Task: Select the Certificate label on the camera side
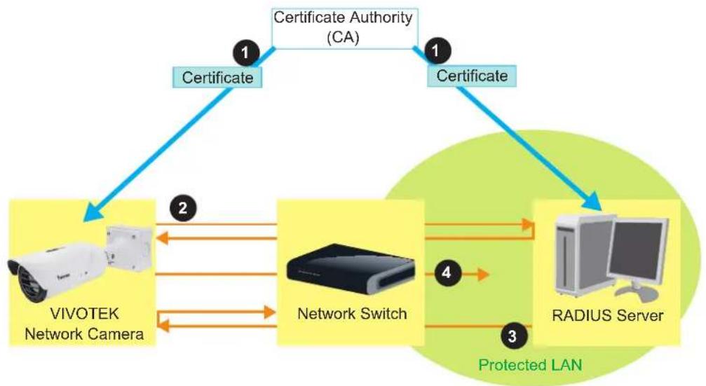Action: point(217,77)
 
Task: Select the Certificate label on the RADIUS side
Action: point(472,76)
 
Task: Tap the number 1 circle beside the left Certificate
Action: point(245,53)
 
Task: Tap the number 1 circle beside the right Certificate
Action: point(436,50)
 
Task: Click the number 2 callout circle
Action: point(183,208)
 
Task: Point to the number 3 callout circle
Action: point(512,336)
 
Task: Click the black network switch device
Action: point(350,268)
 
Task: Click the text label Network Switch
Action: point(352,314)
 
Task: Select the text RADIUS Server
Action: point(607,315)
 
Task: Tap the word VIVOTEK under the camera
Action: point(84,314)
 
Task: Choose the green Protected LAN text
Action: point(530,364)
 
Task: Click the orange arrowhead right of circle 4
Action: point(483,273)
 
